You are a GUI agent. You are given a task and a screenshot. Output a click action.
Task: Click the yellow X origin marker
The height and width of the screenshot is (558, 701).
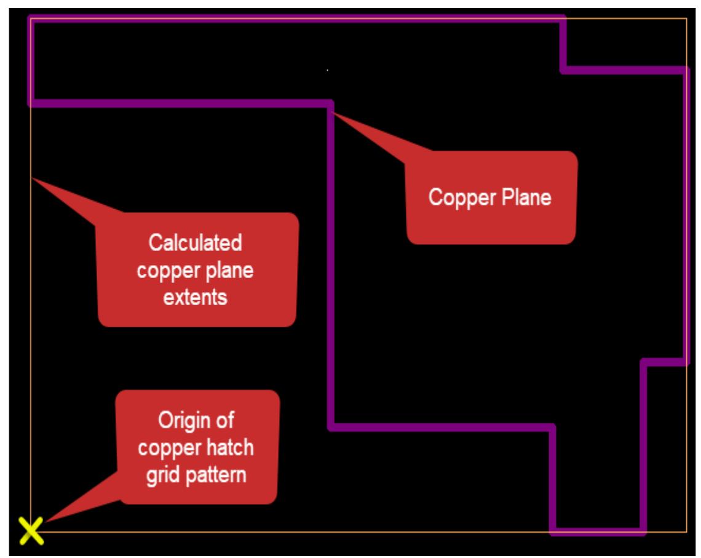tap(31, 531)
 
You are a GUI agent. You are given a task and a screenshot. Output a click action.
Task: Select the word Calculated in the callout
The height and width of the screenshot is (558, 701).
tap(196, 243)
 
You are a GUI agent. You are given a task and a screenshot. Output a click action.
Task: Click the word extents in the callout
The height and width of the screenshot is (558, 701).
tap(196, 297)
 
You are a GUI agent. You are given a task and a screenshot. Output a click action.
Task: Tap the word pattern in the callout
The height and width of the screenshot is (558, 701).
tap(213, 476)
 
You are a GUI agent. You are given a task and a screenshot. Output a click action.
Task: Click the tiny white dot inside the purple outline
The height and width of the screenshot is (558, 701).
tap(327, 70)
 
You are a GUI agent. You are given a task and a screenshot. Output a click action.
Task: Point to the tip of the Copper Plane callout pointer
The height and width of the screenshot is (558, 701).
tap(332, 112)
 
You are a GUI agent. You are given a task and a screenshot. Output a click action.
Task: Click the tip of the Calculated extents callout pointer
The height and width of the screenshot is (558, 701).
tap(32, 179)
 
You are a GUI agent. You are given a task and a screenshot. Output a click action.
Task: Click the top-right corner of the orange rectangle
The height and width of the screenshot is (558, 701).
tap(686, 18)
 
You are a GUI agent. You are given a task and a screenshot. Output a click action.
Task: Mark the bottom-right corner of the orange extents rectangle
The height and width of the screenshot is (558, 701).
tap(686, 531)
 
